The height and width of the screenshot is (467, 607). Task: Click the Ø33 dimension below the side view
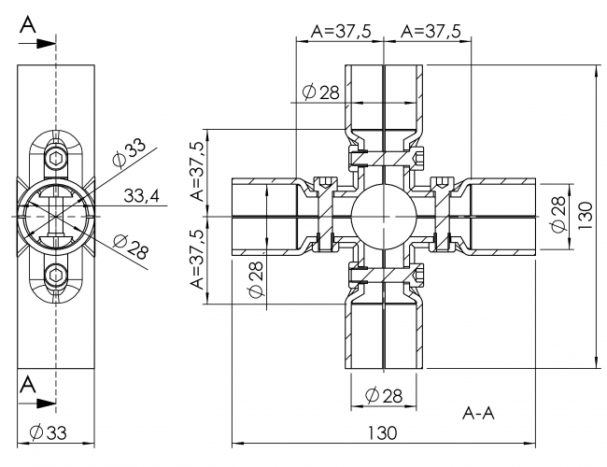[x=48, y=432]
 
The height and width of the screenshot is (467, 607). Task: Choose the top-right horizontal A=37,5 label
[x=430, y=31]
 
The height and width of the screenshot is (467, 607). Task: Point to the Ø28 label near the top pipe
[x=320, y=92]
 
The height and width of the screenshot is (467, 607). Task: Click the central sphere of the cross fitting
[x=383, y=216]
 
